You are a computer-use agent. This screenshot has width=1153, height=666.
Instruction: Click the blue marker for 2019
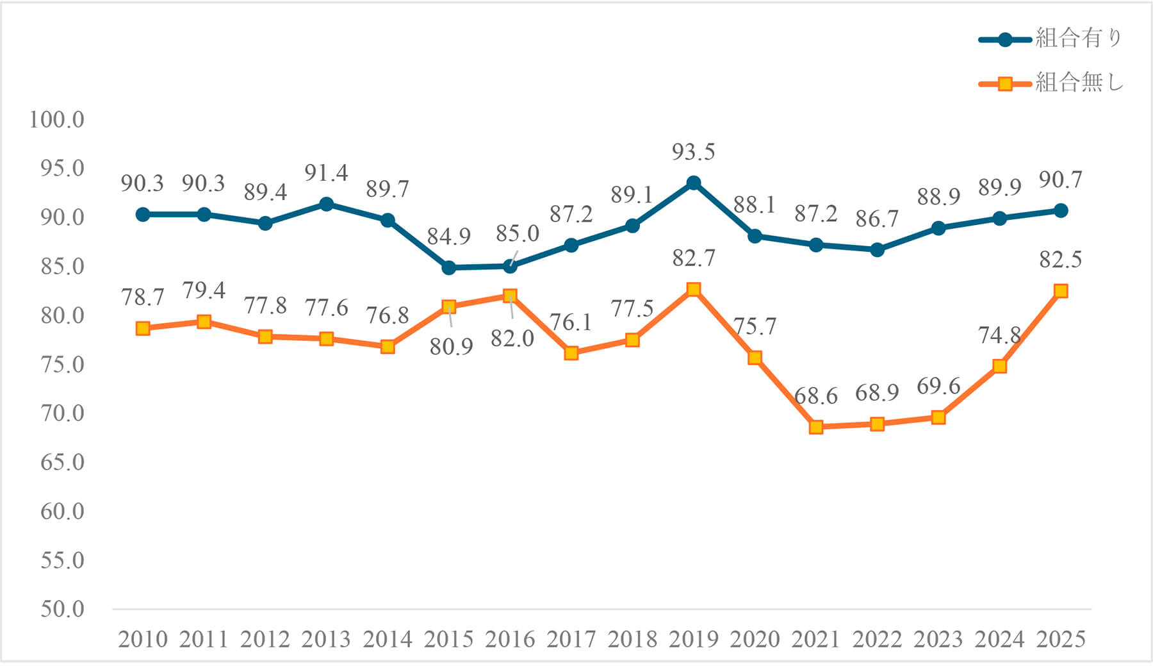click(x=693, y=183)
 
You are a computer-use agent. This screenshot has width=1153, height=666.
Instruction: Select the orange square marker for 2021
click(x=815, y=427)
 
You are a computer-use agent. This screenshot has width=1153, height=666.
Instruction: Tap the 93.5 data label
click(x=693, y=152)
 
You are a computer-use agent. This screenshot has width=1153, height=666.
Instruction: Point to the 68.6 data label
click(x=815, y=396)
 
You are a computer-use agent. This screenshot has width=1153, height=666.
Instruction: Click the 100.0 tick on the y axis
click(x=56, y=119)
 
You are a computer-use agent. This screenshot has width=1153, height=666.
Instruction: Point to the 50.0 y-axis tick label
click(x=62, y=609)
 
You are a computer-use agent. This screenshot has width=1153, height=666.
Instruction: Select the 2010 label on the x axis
click(x=142, y=639)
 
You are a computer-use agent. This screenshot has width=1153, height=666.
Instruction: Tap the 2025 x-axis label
click(x=1061, y=639)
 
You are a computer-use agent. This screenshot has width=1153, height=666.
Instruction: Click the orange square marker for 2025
click(x=1061, y=291)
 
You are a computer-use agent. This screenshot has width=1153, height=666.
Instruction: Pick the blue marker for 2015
click(x=448, y=267)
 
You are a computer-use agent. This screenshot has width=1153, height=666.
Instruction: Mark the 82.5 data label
click(x=1060, y=260)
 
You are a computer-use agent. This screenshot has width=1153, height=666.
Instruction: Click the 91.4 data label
click(x=326, y=173)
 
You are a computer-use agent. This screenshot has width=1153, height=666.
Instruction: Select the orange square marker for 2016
click(x=510, y=296)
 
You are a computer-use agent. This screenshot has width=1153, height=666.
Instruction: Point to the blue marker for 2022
click(x=877, y=249)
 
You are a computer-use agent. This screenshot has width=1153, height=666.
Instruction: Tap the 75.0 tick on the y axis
click(x=62, y=364)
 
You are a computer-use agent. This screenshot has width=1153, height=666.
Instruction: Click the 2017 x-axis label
click(x=571, y=639)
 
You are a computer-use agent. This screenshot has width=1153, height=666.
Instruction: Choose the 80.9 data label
click(x=451, y=347)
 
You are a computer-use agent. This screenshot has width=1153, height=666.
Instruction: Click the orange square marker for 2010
click(x=142, y=328)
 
